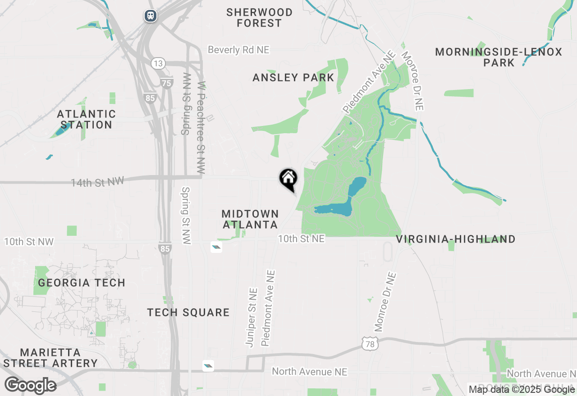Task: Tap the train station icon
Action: click(x=151, y=16)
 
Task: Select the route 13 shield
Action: click(x=158, y=63)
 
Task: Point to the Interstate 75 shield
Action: click(x=167, y=83)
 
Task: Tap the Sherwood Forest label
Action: click(x=259, y=18)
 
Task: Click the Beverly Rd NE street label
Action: click(x=238, y=49)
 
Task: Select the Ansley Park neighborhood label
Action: click(x=293, y=77)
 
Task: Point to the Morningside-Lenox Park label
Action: click(x=499, y=57)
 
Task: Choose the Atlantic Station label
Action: click(x=87, y=119)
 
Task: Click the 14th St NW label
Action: click(x=97, y=182)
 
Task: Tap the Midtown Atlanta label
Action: click(x=250, y=219)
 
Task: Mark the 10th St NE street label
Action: click(x=301, y=238)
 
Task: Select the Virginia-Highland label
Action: click(x=456, y=239)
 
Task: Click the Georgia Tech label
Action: click(x=82, y=283)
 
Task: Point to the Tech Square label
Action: click(x=188, y=312)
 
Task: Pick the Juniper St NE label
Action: click(x=252, y=317)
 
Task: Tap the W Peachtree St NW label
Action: click(x=201, y=128)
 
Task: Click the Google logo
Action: click(x=30, y=386)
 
